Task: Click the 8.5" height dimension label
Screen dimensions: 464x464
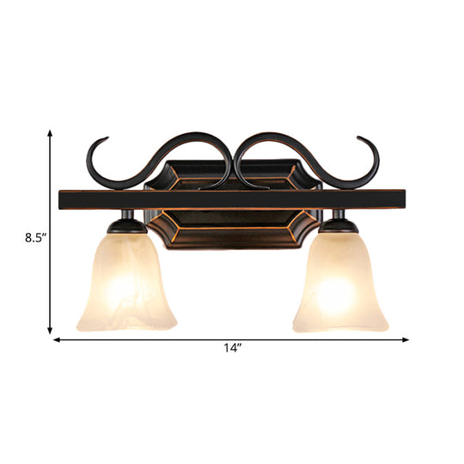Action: click(24, 231)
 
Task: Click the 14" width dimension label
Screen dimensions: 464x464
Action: click(231, 348)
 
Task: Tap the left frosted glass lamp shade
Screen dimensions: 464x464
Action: click(131, 284)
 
